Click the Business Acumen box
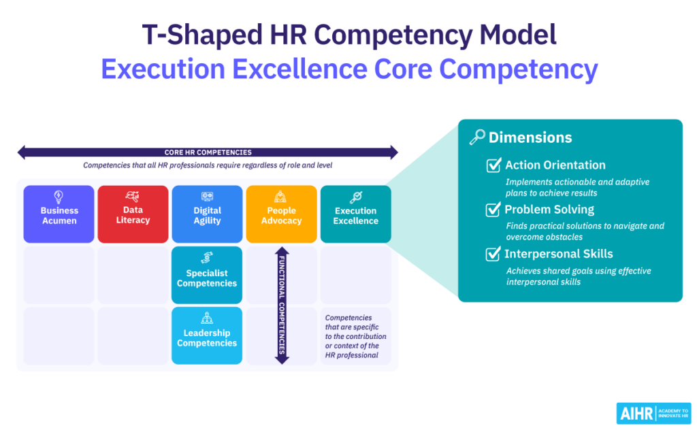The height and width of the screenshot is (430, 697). [x=59, y=214]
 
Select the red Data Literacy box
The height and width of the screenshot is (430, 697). [x=133, y=214]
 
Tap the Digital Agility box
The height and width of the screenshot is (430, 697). [x=207, y=214]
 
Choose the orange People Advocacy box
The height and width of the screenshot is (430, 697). [x=281, y=214]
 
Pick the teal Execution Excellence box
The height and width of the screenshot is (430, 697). [x=355, y=214]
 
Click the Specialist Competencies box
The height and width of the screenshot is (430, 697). [x=207, y=275]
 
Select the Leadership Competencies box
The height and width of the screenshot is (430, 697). [x=207, y=335]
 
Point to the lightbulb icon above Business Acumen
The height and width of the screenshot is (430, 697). [x=59, y=197]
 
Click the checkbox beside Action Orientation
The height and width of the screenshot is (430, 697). [x=493, y=165]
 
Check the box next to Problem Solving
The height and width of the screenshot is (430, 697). [x=493, y=210]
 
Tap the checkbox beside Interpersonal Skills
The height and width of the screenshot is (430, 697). [x=493, y=254]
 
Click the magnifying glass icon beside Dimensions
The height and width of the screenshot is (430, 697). [x=477, y=137]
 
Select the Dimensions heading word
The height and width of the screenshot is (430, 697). [x=530, y=137]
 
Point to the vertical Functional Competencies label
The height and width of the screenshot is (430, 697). [x=281, y=305]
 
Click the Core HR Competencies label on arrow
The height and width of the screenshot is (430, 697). [x=208, y=152]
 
